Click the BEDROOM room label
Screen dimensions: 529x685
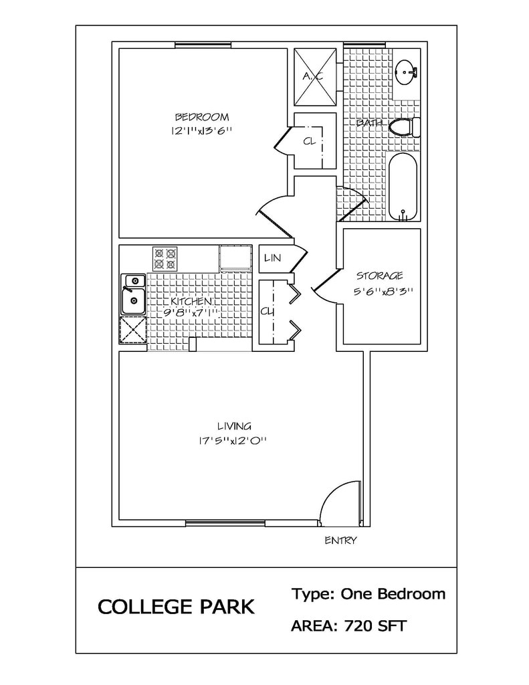[x=202, y=117]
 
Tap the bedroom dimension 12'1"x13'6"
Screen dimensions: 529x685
[x=201, y=130]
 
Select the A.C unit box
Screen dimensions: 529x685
[x=315, y=77]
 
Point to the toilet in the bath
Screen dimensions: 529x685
[x=404, y=126]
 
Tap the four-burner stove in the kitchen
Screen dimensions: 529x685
[x=165, y=259]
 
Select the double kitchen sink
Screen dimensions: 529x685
[x=134, y=294]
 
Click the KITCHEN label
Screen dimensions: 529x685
[x=191, y=302]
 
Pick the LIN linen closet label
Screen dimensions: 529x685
[x=273, y=258]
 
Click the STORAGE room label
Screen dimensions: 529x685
[x=380, y=276]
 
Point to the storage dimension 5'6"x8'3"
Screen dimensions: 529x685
[x=383, y=292]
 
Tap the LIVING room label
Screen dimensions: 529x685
[x=234, y=426]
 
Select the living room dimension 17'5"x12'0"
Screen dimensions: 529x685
[x=232, y=441]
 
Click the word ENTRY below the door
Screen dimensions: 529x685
[x=340, y=541]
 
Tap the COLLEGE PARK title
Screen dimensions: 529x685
[x=176, y=607]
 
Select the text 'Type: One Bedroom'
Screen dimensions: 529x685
[x=368, y=594]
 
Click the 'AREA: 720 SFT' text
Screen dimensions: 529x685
[x=348, y=626]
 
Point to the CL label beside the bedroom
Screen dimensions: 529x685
[x=309, y=141]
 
